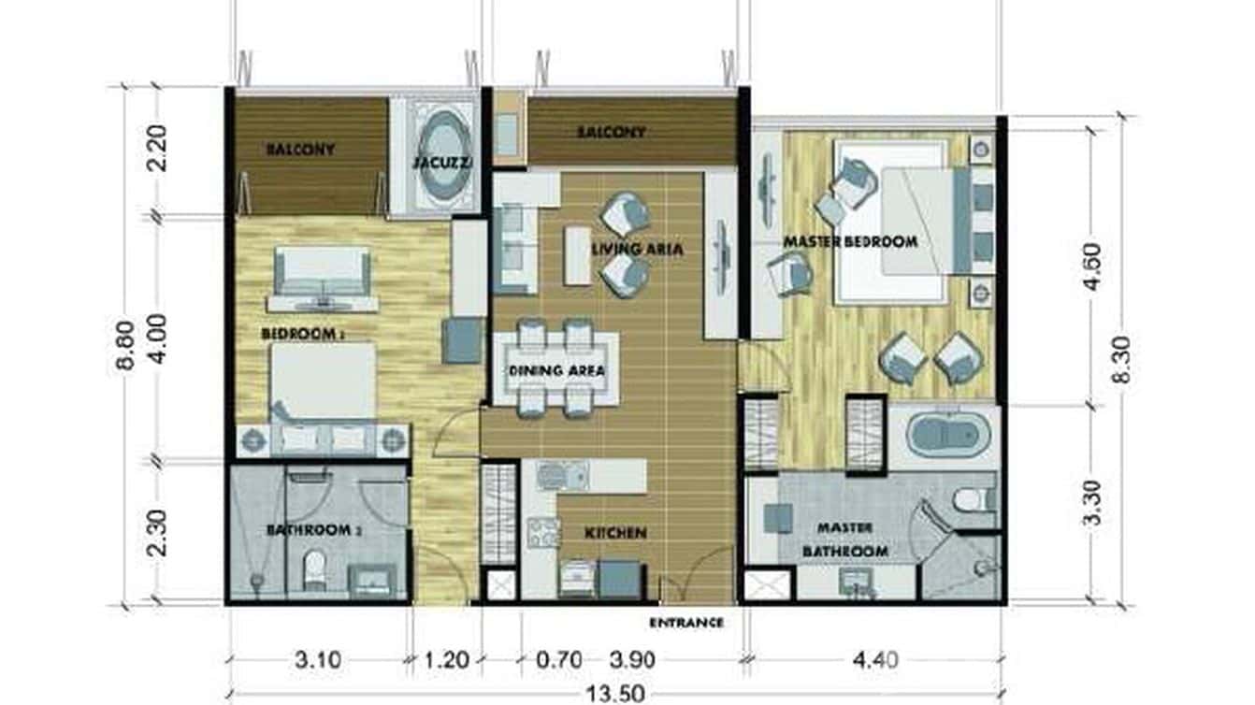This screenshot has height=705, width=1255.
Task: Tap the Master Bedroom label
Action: [x=849, y=242]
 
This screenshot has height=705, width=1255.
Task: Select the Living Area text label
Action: [x=637, y=250]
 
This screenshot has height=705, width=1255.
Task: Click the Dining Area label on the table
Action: [x=556, y=370]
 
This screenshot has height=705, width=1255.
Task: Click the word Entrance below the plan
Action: [x=686, y=622]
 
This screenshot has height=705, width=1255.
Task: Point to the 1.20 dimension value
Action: [x=446, y=661]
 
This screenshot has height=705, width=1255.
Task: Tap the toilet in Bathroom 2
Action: [x=314, y=568]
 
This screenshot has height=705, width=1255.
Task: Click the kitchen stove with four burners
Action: [x=543, y=532]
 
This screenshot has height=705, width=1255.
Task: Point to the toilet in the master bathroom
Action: [x=973, y=498]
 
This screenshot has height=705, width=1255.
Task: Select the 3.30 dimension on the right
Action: [x=1091, y=503]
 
